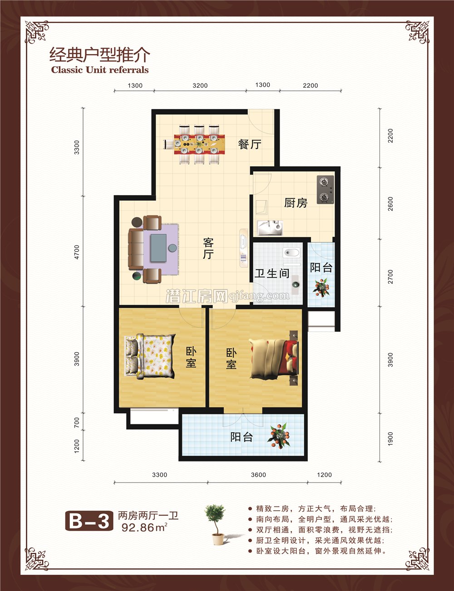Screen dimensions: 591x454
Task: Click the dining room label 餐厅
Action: pos(250,144)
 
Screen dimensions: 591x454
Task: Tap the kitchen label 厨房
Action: pos(296,203)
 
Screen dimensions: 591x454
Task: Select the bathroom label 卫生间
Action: pos(271,273)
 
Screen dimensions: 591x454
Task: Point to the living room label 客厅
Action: pos(208,248)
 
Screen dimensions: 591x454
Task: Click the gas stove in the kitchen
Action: pos(325,190)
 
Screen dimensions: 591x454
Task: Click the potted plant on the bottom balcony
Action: pos(279,436)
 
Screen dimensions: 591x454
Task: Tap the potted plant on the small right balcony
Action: pos(321,288)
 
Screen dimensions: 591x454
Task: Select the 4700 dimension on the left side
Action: pos(77,252)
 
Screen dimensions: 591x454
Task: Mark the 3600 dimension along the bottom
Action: pos(258,475)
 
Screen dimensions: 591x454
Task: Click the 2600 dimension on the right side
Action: pos(391,204)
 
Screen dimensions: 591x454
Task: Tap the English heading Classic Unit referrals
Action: pos(100,70)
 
